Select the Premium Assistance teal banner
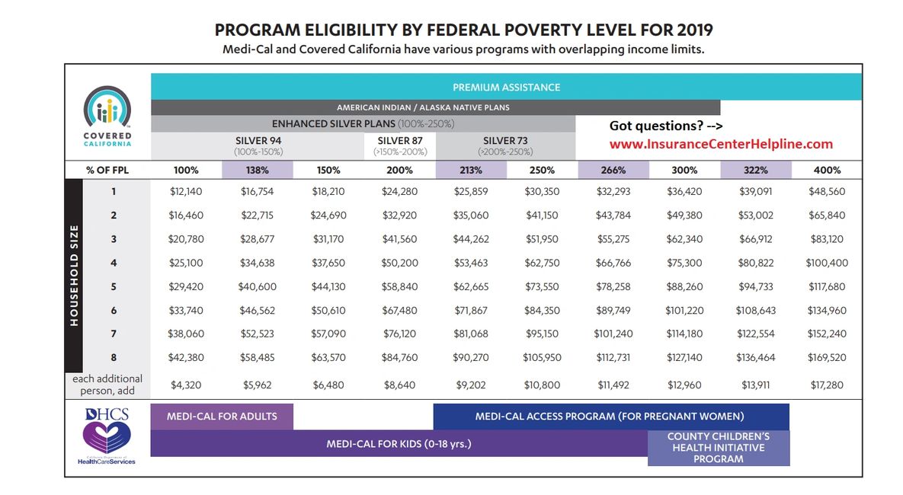(x=506, y=87)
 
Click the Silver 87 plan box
(x=399, y=145)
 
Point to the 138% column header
(x=258, y=170)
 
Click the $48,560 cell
(x=826, y=192)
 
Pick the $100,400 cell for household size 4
(x=826, y=263)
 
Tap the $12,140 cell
(x=186, y=192)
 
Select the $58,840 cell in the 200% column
(x=399, y=287)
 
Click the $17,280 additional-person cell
(x=826, y=385)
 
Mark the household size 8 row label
(x=113, y=358)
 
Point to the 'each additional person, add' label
(x=107, y=385)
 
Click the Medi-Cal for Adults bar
(x=222, y=417)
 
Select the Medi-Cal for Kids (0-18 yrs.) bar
(x=399, y=443)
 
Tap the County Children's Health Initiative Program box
(x=718, y=448)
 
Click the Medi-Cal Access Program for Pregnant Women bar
(x=610, y=417)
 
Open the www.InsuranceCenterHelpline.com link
(x=721, y=144)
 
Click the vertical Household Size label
(x=75, y=275)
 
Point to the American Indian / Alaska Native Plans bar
(x=434, y=107)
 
